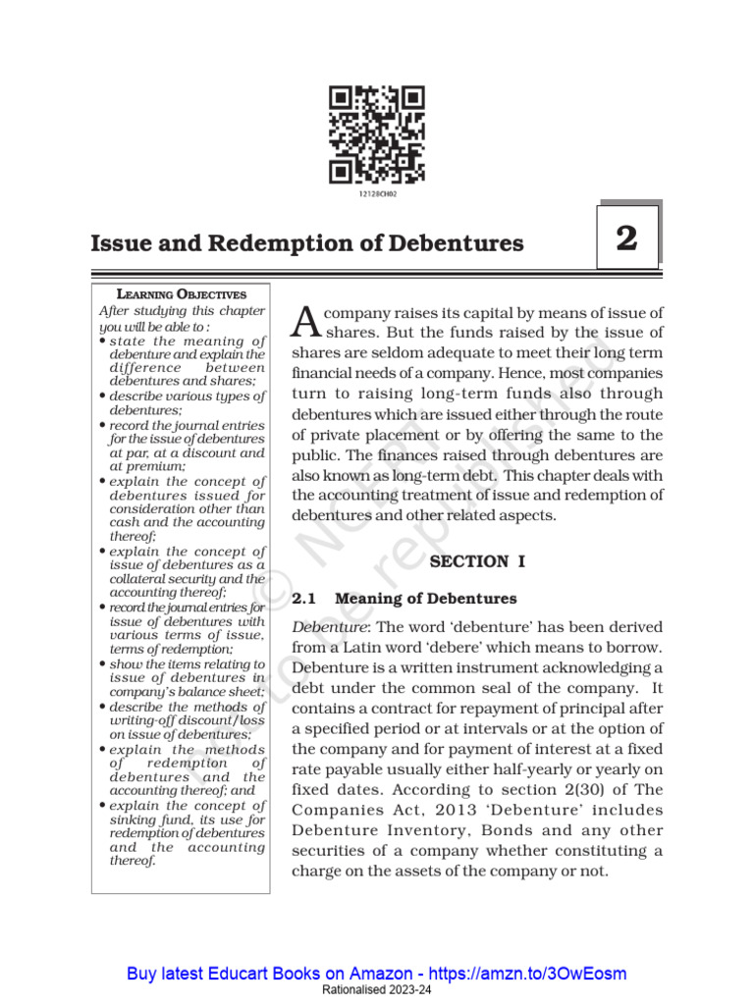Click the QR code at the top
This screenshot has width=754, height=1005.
click(x=377, y=134)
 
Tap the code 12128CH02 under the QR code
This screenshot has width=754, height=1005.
click(x=377, y=194)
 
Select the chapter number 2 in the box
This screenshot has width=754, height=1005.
click(x=627, y=238)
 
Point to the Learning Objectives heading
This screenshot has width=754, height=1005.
click(x=182, y=293)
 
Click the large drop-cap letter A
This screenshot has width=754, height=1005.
click(x=307, y=320)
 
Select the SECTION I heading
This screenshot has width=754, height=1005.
click(x=478, y=561)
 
